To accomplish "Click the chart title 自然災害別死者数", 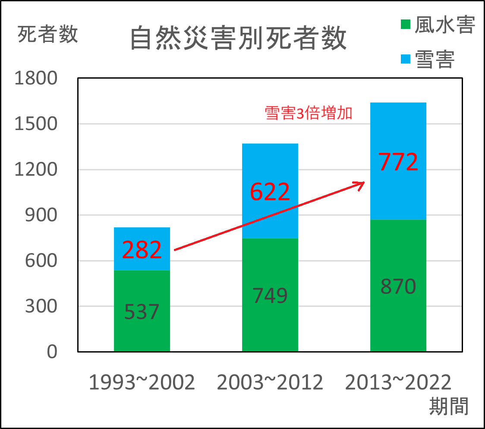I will click(238, 39).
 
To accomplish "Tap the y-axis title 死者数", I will click(47, 34).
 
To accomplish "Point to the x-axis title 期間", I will click(449, 406).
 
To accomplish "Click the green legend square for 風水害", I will click(405, 25).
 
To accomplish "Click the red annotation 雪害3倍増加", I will click(309, 113).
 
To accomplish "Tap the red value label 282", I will click(142, 250).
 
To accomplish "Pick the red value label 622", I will click(270, 192).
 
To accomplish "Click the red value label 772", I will click(398, 162).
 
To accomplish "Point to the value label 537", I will click(142, 312).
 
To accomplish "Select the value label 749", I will click(270, 296).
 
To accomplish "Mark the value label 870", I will click(398, 286).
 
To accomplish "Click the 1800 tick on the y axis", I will click(35, 79).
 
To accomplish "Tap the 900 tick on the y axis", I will click(41, 215).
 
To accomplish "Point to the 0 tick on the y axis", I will click(52, 352).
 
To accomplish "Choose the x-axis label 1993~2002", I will click(142, 383).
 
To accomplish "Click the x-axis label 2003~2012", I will click(270, 383).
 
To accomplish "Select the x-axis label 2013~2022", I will click(398, 383).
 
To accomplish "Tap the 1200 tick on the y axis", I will click(35, 170).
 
